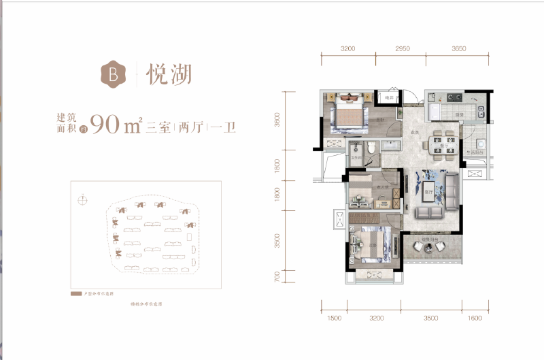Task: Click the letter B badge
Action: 112,73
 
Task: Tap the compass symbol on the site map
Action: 82,199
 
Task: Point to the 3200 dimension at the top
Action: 348,49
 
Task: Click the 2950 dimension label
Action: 403,49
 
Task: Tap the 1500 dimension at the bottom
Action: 333,318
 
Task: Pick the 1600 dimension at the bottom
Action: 475,318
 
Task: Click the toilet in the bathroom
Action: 371,148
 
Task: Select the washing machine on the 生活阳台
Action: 479,144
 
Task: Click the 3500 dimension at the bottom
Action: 430,318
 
